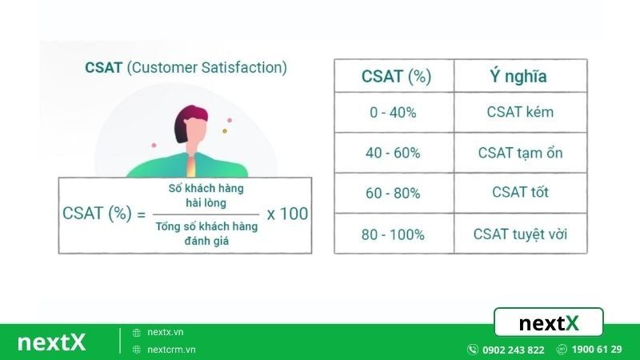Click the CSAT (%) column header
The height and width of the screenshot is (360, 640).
coord(396,77)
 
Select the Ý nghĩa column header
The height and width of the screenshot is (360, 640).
coord(518,77)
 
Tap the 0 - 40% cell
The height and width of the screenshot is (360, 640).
coord(393,113)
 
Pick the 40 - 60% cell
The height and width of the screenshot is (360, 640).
coord(394,153)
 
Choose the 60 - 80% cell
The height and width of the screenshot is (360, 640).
coord(394,193)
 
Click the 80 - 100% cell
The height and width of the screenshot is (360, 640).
coord(393,234)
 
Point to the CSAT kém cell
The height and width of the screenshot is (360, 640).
coord(519,113)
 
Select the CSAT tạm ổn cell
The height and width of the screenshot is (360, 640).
coord(519,153)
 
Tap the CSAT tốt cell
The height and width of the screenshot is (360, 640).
coord(520,193)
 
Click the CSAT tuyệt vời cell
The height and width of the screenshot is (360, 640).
coord(519,234)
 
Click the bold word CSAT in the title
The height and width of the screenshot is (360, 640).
coord(103,68)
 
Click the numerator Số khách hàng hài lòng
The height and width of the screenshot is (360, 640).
coord(206,196)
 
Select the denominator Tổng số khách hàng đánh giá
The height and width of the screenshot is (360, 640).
coord(206,233)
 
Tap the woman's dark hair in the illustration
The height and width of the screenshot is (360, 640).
coord(186,122)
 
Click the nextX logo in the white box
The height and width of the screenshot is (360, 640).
coord(548,323)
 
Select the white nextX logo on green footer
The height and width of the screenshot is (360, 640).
coord(51,342)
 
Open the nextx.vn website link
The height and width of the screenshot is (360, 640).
coord(165,332)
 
